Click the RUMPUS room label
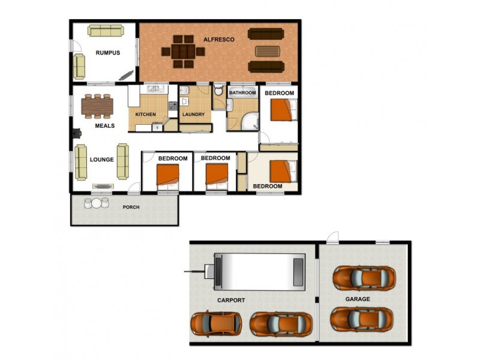(108, 53)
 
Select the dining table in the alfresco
(184, 52)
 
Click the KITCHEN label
(146, 114)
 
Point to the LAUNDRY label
(193, 114)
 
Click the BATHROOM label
(243, 93)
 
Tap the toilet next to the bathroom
(218, 91)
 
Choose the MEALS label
(104, 126)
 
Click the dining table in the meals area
(97, 106)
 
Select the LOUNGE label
(102, 160)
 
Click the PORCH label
(131, 208)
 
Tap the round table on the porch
(97, 203)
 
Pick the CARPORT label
(231, 300)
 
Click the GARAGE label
(358, 299)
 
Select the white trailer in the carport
(259, 271)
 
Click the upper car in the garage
(364, 277)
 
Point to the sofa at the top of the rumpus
(106, 30)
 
